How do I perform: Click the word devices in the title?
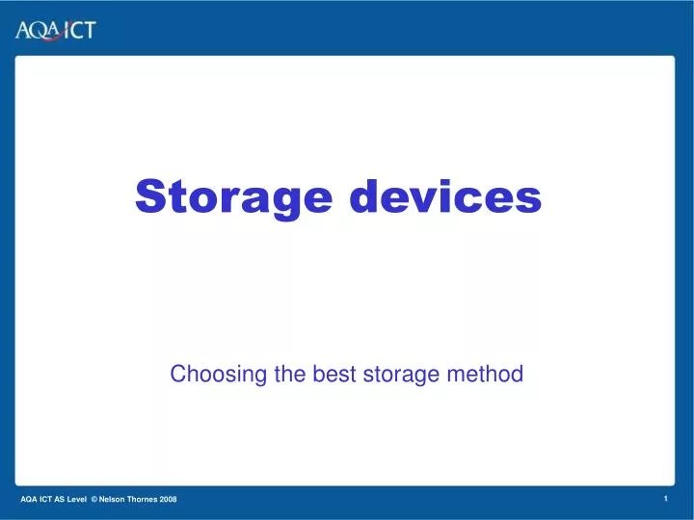click(444, 196)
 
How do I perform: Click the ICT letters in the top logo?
click(79, 30)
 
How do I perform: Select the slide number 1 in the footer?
click(666, 497)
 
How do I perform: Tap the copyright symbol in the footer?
click(94, 498)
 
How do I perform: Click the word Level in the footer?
click(76, 498)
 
